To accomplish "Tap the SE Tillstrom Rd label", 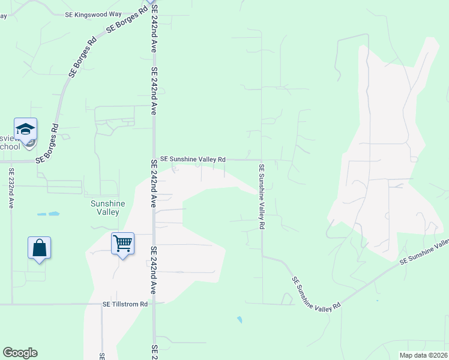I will (x=125, y=304).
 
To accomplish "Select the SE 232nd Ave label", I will (x=11, y=187).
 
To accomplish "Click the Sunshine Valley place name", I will (x=108, y=208).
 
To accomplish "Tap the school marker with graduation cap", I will (x=26, y=129).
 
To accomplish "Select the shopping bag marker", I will (x=40, y=248).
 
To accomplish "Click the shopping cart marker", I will (x=122, y=244).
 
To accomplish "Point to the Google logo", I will (x=20, y=353).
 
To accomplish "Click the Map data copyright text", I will (x=423, y=355).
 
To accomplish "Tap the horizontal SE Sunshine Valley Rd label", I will (x=193, y=160).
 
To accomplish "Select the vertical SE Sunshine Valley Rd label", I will (x=262, y=197).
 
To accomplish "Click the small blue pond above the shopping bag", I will (x=49, y=214).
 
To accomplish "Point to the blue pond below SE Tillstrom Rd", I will (x=240, y=320).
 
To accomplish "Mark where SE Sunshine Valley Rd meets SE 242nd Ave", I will (x=154, y=160).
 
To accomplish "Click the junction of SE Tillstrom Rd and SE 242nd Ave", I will (x=154, y=304).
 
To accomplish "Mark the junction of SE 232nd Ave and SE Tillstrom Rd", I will (x=12, y=304).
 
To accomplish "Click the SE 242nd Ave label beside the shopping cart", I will (x=154, y=263).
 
